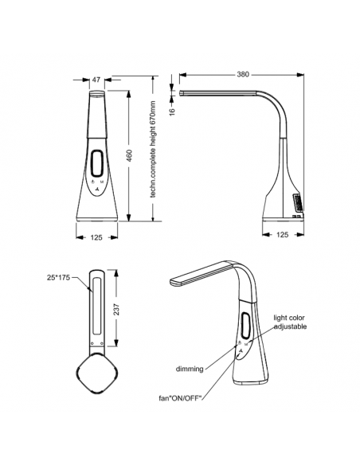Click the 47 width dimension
point(96,80)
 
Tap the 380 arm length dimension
point(243,74)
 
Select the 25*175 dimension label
point(58,277)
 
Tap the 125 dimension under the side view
point(282,236)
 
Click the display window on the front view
point(96,165)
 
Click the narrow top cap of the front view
point(96,96)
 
